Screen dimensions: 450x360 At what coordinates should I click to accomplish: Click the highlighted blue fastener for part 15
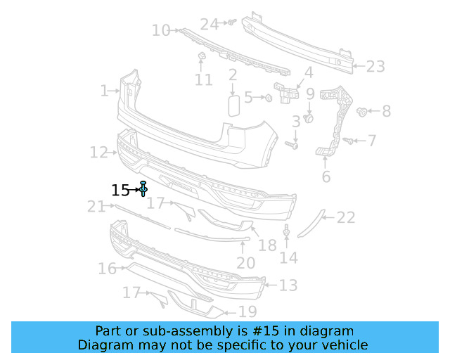click(143, 188)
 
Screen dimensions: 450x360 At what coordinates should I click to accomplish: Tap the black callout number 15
click(120, 191)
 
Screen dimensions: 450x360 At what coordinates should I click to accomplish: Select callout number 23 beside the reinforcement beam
click(375, 67)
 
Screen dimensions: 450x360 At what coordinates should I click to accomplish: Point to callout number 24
click(210, 24)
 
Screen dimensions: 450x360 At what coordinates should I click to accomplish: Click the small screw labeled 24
click(232, 22)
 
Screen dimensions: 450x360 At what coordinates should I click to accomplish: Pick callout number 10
click(161, 30)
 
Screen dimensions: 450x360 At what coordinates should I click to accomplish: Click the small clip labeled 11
click(202, 56)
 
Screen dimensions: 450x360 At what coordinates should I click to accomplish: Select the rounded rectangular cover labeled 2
click(234, 106)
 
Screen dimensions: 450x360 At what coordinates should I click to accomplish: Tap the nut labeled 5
click(269, 98)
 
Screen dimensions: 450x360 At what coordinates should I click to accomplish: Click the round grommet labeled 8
click(361, 112)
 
